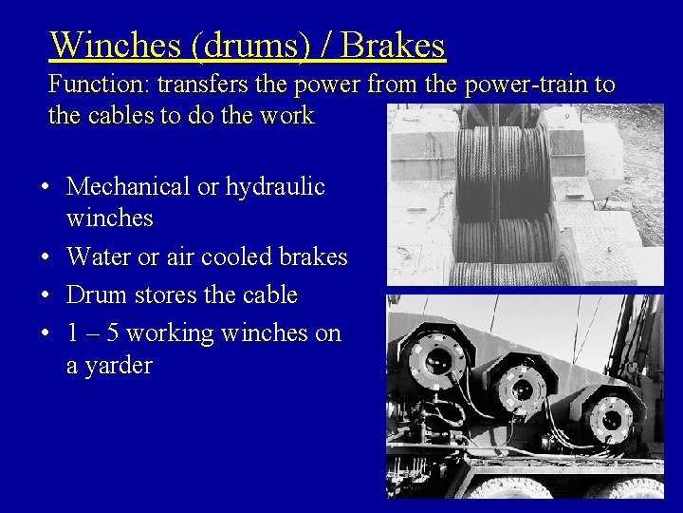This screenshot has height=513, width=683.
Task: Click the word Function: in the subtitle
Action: (x=99, y=85)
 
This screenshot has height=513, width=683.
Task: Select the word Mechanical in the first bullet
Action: (x=128, y=186)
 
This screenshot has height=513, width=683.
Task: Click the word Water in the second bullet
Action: (x=98, y=256)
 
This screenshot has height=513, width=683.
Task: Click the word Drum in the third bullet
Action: (x=96, y=294)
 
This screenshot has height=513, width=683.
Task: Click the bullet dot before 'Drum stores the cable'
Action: (x=46, y=295)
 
